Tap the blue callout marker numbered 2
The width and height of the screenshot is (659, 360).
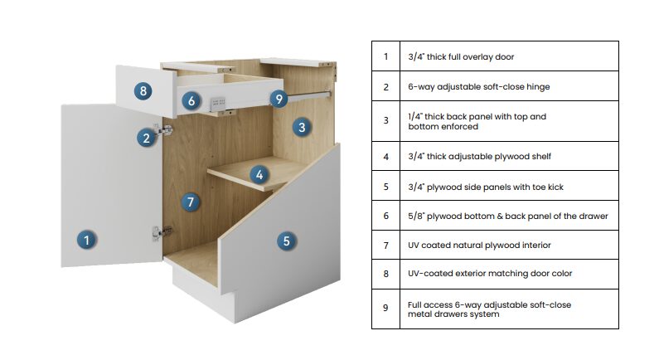coord(146,138)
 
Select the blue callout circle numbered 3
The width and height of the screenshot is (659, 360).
coord(302,127)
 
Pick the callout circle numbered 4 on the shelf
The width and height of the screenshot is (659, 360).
coord(259,174)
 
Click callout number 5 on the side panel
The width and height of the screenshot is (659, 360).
coord(286,241)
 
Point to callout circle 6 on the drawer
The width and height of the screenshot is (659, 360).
coord(191,101)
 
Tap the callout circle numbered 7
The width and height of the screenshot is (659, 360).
coord(191,202)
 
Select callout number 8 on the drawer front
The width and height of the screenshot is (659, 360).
coord(144,90)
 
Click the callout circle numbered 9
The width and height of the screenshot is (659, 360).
coord(279,99)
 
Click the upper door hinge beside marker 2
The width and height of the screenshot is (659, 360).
coord(165,130)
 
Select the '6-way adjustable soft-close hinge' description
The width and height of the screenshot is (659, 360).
coord(478,86)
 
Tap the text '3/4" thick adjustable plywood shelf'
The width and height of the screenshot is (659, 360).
coord(479,156)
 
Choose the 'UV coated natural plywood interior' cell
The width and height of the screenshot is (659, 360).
coord(479,245)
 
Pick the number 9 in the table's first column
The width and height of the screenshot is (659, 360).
coord(385,308)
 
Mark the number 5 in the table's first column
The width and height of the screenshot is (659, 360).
coord(385,187)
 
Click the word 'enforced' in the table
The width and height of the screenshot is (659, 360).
coord(460,127)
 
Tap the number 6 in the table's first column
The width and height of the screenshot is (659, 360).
coord(385,216)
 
